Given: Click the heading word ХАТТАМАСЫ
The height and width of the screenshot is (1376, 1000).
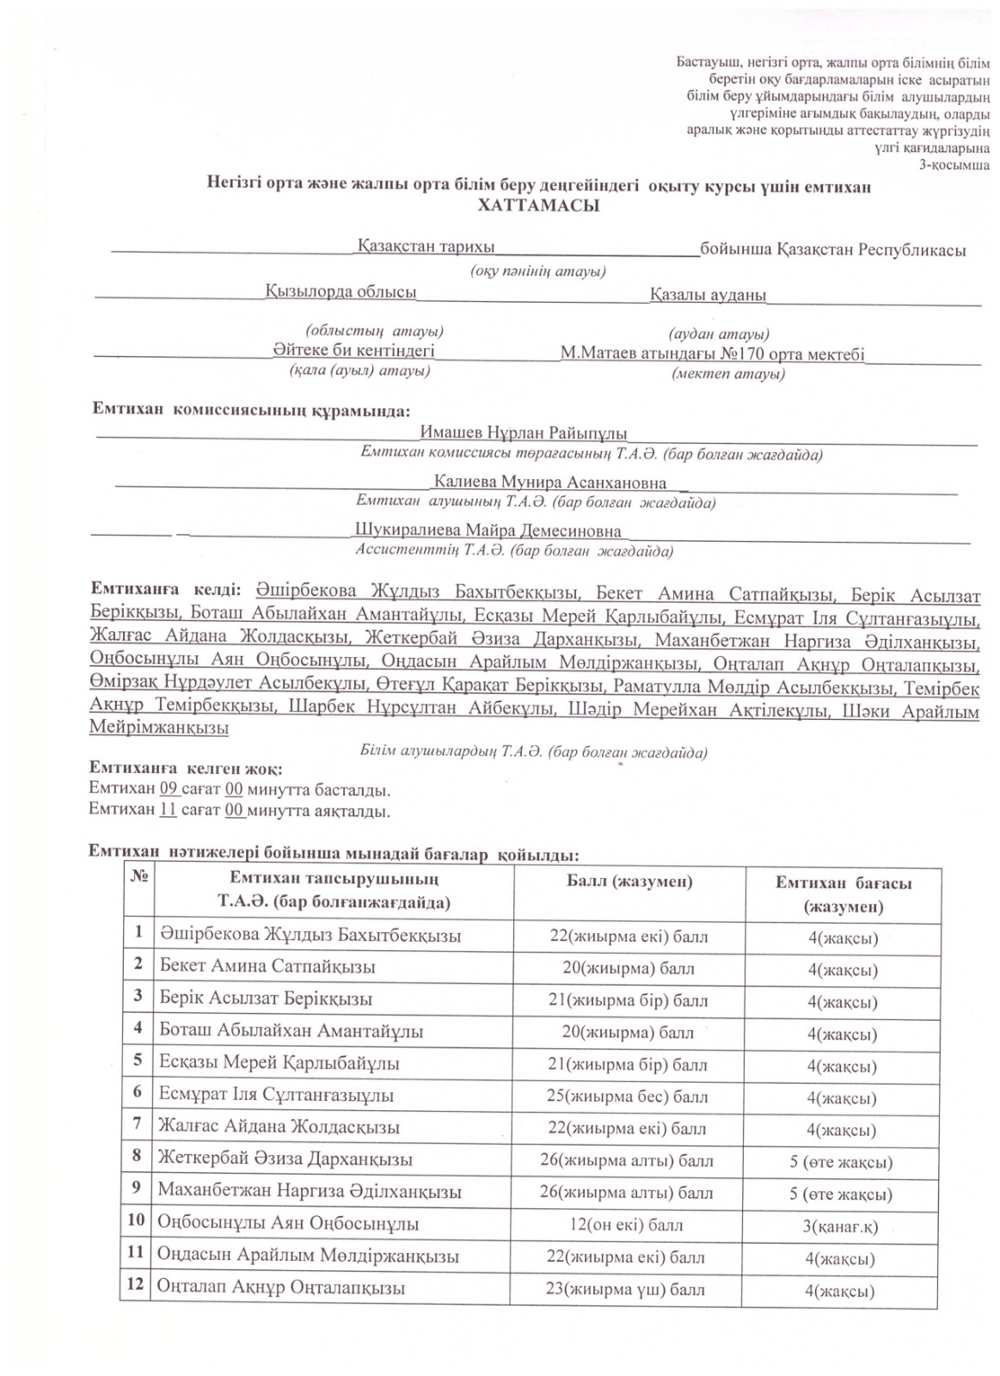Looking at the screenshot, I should [538, 206].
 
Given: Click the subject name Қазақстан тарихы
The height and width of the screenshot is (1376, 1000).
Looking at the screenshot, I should [426, 248].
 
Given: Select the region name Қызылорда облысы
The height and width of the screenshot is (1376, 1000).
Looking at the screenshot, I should [340, 292].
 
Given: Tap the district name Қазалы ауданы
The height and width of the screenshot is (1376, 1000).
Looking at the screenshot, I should [708, 295].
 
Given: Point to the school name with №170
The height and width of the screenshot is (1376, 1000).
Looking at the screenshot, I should [712, 354].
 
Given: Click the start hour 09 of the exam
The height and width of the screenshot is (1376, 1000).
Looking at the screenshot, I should [169, 789].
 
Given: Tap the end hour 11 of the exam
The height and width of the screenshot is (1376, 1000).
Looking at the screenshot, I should [169, 810].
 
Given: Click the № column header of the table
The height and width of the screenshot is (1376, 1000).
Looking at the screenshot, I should [138, 879].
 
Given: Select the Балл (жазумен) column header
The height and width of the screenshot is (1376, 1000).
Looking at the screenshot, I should [629, 881].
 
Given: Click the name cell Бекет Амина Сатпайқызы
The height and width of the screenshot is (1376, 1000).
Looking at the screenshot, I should [267, 967].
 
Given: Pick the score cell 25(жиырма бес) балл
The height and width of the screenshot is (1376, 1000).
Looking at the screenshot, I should [628, 1096].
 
